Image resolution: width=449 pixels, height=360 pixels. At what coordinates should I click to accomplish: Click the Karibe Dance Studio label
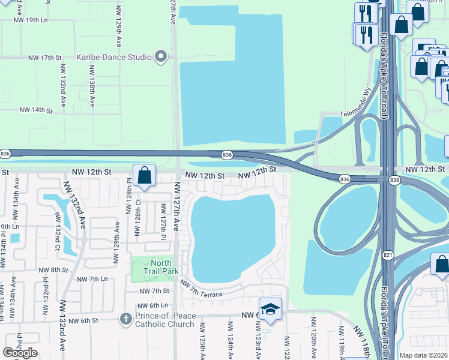click(x=113, y=58)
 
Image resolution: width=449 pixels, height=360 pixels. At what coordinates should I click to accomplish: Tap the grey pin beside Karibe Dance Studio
click(x=161, y=58)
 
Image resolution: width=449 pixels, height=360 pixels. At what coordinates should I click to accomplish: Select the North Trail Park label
click(x=161, y=267)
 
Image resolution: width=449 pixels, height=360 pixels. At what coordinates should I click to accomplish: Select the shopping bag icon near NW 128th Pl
click(x=145, y=176)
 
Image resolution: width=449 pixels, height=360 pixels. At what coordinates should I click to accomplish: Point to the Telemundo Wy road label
click(x=356, y=102)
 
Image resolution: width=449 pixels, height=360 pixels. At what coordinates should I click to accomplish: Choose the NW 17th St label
click(x=45, y=58)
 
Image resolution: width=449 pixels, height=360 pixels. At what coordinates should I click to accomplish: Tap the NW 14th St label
click(x=36, y=110)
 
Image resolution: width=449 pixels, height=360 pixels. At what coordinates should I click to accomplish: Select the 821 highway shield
click(x=387, y=255)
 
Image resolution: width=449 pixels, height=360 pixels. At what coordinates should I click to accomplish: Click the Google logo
click(x=20, y=353)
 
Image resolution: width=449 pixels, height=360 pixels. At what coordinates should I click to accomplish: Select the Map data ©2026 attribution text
click(x=423, y=355)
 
